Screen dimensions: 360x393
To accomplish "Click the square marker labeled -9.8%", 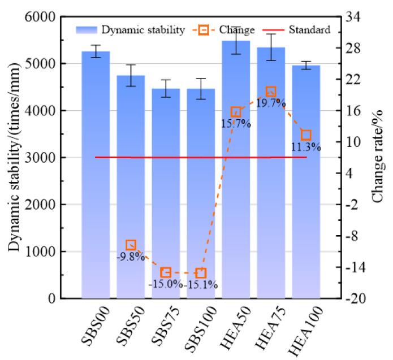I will pyautogui.click(x=131, y=245).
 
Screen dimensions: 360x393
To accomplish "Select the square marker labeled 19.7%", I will pyautogui.click(x=271, y=92).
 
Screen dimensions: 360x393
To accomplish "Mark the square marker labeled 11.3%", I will pyautogui.click(x=306, y=135).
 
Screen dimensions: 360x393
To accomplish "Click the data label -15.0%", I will pyautogui.click(x=165, y=284).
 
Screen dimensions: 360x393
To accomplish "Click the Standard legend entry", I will pyautogui.click(x=309, y=30).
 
